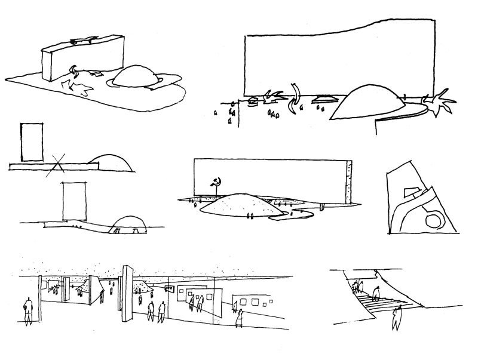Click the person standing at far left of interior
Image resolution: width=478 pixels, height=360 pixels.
(27, 309)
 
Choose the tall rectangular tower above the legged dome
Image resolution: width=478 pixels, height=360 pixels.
(75, 201)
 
